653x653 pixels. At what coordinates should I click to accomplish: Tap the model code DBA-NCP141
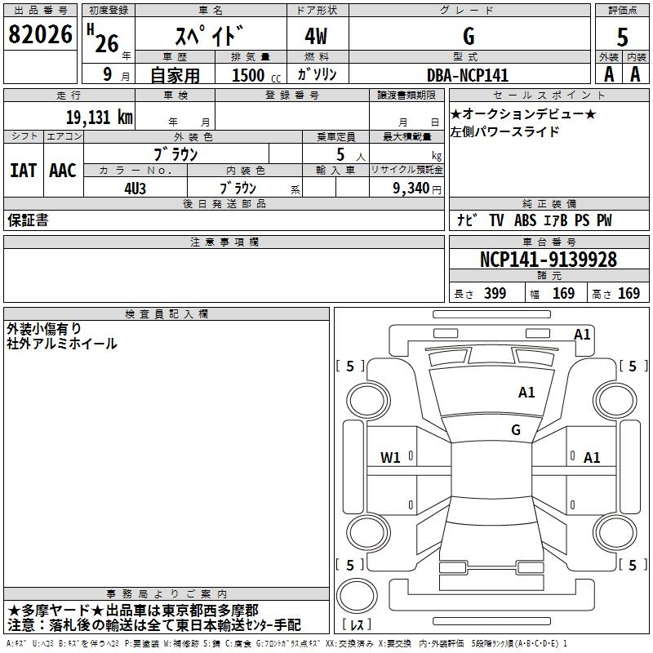tap(468, 75)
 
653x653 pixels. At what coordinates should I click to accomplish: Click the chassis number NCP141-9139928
tap(548, 260)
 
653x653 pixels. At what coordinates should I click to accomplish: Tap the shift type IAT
tap(24, 171)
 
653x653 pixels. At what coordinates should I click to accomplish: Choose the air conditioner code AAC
tap(63, 171)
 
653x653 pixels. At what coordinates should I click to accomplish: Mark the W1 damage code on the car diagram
tap(390, 458)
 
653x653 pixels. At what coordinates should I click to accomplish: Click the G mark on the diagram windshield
tap(515, 430)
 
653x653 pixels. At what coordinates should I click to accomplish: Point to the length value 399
tap(495, 294)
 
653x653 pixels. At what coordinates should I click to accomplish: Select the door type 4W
tap(317, 36)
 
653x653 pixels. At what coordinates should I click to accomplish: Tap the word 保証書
tap(28, 220)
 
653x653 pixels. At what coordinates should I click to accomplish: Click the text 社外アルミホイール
tap(62, 344)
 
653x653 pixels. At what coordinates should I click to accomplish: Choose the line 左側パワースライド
tap(505, 131)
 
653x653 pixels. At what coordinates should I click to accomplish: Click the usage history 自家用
tap(174, 75)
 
